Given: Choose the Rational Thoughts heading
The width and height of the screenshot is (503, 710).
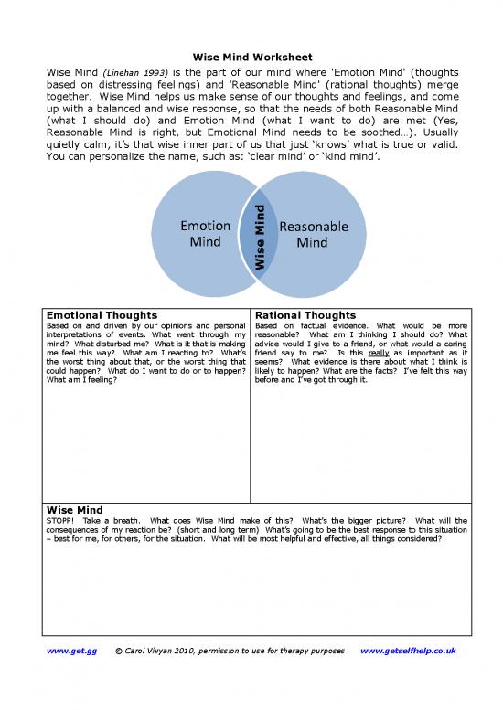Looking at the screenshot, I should click(305, 315).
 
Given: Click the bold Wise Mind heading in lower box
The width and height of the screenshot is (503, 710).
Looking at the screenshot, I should click(74, 509).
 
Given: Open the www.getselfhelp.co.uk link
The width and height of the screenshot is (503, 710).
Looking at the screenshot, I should click(408, 651).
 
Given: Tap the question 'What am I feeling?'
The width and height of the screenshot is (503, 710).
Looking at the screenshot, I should click(81, 380).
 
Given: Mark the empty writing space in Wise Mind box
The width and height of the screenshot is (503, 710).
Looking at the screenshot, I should click(251, 585).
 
